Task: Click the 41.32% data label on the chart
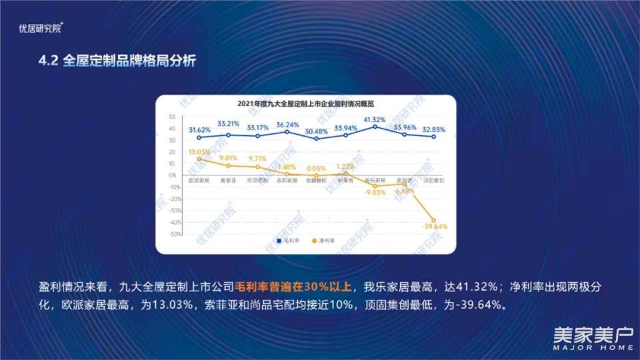point(375,119)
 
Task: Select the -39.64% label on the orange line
point(435,227)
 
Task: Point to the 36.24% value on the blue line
point(287,124)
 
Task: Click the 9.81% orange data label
point(229,159)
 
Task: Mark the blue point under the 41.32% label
point(375,127)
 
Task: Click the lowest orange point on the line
point(433,220)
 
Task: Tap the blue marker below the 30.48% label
point(317,139)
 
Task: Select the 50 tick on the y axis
point(172,117)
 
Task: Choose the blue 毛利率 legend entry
point(287,240)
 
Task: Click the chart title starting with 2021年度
point(305,104)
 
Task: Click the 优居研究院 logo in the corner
point(41,28)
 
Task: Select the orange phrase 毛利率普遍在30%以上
point(293,288)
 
